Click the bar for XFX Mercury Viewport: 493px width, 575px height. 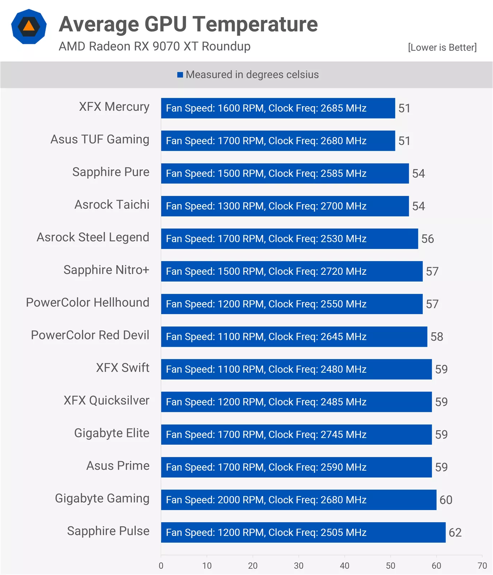click(x=278, y=108)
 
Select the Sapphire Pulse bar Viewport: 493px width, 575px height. click(x=303, y=532)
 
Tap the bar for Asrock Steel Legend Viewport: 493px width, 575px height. click(x=289, y=239)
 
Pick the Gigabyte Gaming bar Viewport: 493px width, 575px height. click(x=299, y=500)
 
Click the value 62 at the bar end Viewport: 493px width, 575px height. click(x=455, y=532)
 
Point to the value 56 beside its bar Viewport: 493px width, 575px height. click(x=427, y=239)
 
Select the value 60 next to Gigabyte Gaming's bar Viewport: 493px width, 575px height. click(x=446, y=500)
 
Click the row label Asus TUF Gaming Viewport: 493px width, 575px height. click(x=100, y=139)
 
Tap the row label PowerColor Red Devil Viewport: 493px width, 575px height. click(x=90, y=335)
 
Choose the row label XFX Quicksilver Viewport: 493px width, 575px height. click(x=107, y=400)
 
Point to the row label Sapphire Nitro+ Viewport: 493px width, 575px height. click(x=106, y=270)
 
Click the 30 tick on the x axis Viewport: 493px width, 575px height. click(x=299, y=566)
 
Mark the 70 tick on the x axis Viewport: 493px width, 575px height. click(x=482, y=566)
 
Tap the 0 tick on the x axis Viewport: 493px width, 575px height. click(x=161, y=566)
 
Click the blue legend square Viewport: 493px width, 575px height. click(x=180, y=75)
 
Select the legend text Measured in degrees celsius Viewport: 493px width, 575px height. click(x=252, y=75)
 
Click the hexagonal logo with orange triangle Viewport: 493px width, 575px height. click(x=29, y=27)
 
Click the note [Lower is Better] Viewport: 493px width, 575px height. click(x=442, y=47)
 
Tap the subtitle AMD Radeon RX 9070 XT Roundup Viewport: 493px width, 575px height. click(x=155, y=46)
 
